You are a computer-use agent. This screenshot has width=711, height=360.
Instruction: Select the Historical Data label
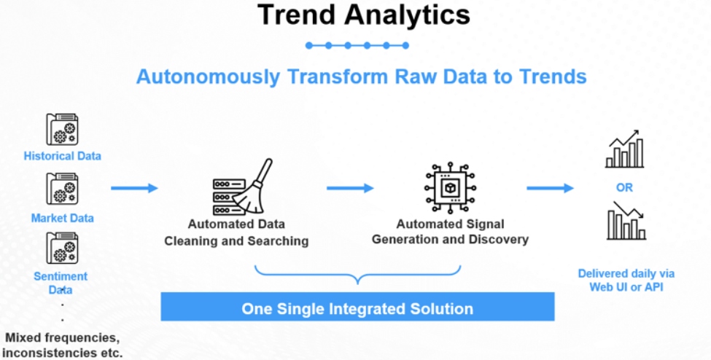[x=62, y=156]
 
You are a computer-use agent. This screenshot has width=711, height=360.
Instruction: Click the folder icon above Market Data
[x=62, y=189]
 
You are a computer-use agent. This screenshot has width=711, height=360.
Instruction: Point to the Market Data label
[x=62, y=218]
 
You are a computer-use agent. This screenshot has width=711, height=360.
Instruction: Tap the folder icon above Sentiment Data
[x=62, y=249]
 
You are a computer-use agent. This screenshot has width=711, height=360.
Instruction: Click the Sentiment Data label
[x=61, y=283]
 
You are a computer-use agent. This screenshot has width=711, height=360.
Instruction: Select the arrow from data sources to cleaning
[x=134, y=188]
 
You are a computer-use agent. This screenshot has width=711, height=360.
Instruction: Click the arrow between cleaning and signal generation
[x=350, y=188]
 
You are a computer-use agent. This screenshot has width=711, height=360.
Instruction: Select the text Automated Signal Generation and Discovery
[x=450, y=232]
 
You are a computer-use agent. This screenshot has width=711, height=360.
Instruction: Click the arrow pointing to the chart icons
[x=551, y=188]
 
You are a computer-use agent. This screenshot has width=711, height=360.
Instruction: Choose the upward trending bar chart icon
[x=624, y=149]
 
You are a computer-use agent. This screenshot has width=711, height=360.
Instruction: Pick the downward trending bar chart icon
[x=626, y=222]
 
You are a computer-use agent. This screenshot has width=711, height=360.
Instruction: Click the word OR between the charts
[x=624, y=187]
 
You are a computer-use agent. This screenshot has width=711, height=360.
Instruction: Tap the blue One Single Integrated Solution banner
[x=357, y=308]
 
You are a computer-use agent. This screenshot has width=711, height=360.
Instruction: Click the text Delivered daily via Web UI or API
[x=626, y=280]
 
